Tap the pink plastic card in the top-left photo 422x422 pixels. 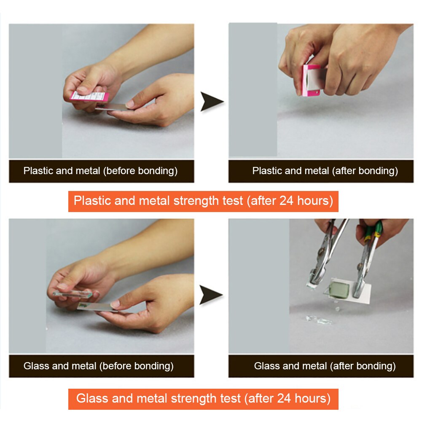coord(89,97)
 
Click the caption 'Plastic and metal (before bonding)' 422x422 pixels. coord(100,171)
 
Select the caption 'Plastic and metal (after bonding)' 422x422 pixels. coord(325,171)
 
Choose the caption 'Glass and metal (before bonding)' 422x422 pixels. coord(99,366)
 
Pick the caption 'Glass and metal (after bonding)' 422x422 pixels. coord(325,366)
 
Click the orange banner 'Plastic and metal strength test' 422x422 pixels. coord(203,201)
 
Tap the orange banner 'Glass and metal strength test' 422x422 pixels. coord(203,398)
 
